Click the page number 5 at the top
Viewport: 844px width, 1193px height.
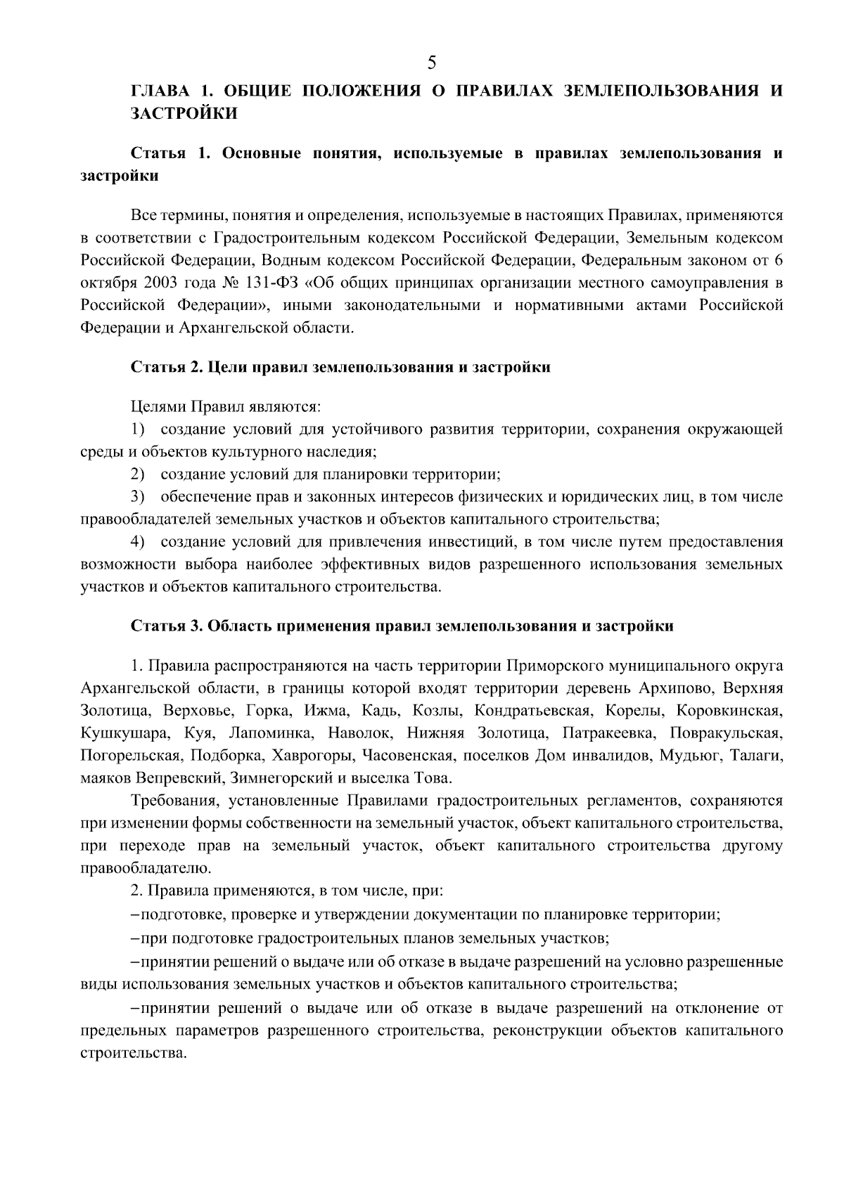(x=431, y=63)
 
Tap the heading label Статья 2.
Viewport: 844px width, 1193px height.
(x=167, y=367)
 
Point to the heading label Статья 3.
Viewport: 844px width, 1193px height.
(x=167, y=626)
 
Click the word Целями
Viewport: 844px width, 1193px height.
(x=155, y=406)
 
